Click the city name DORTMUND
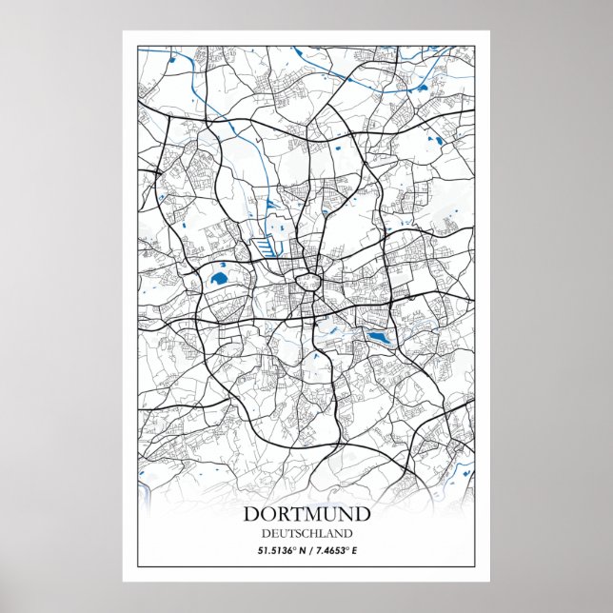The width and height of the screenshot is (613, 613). [306, 515]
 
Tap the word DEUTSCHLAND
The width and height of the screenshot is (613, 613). [306, 534]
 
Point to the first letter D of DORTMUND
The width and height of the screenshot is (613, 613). [251, 515]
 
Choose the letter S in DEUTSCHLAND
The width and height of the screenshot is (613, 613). [300, 534]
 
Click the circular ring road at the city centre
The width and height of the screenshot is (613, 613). [307, 280]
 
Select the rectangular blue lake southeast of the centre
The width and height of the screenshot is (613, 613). [378, 338]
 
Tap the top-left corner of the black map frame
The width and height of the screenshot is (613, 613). [138, 46]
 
